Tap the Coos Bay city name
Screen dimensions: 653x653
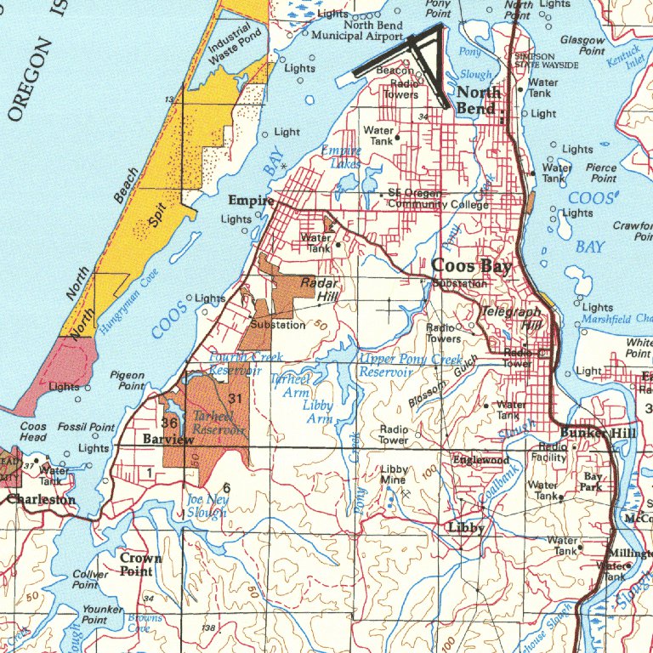point(471,266)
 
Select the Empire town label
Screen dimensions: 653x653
point(251,202)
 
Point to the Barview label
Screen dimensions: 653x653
point(168,440)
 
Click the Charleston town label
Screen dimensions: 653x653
point(41,500)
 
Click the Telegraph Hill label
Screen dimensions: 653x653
point(512,318)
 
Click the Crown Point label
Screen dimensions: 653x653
point(135,565)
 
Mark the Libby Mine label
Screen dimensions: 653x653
point(394,475)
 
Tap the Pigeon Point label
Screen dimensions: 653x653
point(128,380)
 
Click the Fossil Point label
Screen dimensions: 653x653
point(86,427)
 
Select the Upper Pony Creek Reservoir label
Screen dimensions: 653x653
point(411,366)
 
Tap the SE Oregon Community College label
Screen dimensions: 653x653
point(426,199)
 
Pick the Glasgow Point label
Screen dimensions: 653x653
point(582,45)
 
